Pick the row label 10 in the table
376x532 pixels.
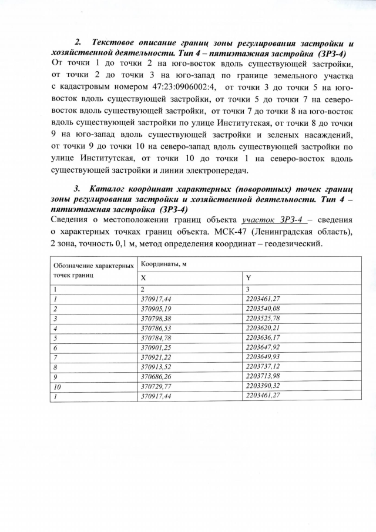57,386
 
